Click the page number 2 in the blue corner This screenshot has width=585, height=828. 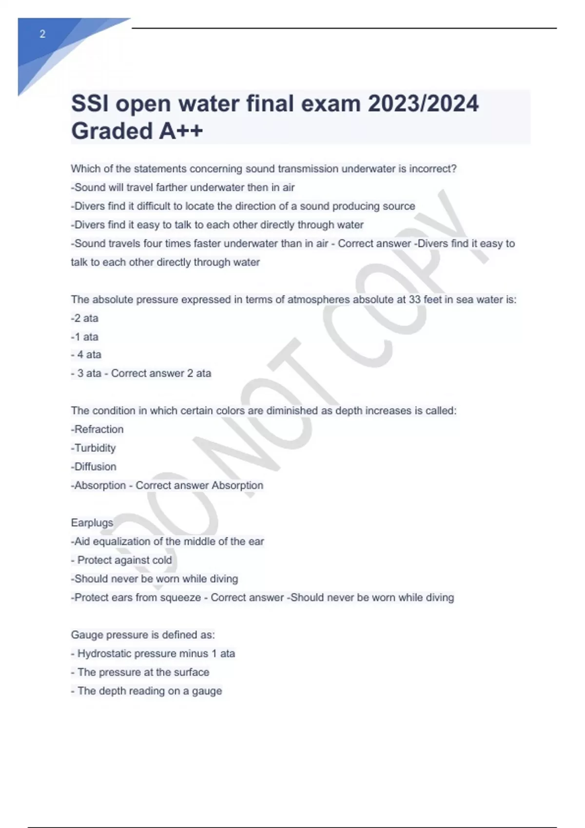(x=42, y=34)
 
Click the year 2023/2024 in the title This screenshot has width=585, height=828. (x=423, y=104)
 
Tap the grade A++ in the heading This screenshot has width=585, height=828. (x=180, y=131)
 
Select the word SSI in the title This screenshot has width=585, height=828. (x=90, y=104)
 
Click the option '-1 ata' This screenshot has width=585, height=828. (x=84, y=337)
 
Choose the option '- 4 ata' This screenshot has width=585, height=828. (x=86, y=355)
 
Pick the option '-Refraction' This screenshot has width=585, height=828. (x=97, y=429)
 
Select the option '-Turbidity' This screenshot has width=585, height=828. (x=93, y=448)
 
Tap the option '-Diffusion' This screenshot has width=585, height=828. (x=94, y=467)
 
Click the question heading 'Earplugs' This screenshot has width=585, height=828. (x=92, y=523)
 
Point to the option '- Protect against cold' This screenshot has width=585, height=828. (x=121, y=560)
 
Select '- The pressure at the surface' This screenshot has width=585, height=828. (x=140, y=672)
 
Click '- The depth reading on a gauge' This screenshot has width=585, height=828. (x=146, y=691)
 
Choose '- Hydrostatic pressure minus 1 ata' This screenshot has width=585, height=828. (x=153, y=654)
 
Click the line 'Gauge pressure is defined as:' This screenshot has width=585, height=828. (x=143, y=635)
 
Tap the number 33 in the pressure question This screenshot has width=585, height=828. (x=414, y=300)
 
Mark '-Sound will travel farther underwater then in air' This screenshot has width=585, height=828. (x=183, y=188)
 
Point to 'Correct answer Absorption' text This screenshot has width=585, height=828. (x=199, y=485)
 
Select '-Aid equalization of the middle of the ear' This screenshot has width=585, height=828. (x=167, y=541)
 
